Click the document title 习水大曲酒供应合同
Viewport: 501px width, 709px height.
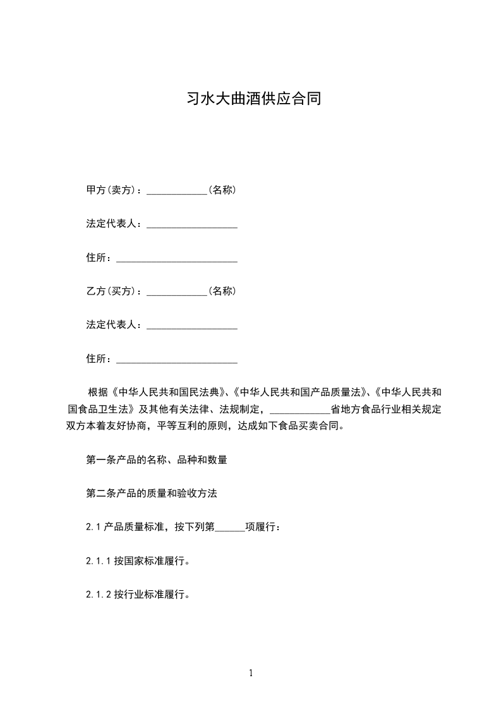click(x=255, y=99)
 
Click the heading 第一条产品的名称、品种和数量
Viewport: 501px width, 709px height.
click(x=157, y=460)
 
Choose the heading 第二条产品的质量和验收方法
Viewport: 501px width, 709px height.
click(x=152, y=494)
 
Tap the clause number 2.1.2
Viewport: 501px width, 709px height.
click(x=99, y=595)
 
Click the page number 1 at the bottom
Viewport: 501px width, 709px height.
click(x=251, y=673)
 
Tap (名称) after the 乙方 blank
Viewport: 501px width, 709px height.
click(x=222, y=291)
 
